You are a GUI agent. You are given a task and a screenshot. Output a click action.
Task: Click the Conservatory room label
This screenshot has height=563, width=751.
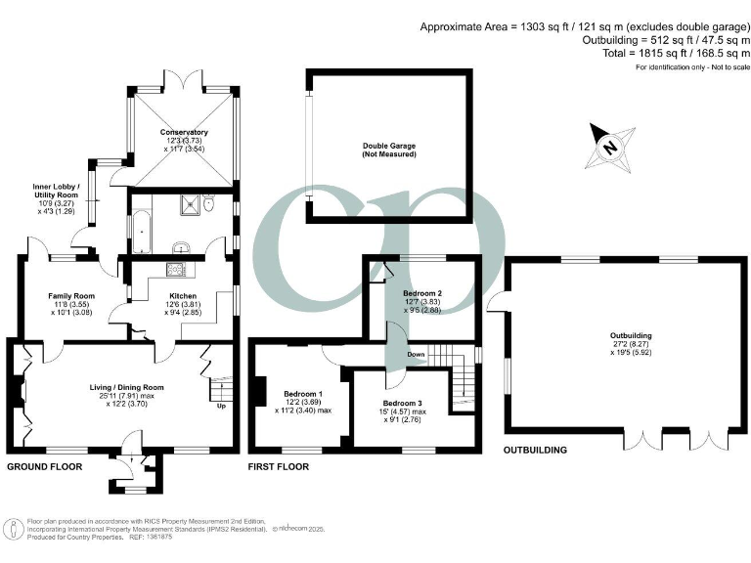[185, 132]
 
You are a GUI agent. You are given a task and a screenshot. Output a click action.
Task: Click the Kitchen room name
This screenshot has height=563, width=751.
[183, 296]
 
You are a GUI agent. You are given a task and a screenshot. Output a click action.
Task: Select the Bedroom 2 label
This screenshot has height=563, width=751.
[422, 293]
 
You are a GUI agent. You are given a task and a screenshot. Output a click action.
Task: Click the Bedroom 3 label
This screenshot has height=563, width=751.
[403, 403]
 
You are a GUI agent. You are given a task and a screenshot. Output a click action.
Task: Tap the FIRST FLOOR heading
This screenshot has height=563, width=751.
[280, 467]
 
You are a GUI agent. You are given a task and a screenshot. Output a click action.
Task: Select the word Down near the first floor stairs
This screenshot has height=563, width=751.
[416, 354]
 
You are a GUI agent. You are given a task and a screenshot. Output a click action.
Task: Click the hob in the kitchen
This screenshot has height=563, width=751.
[179, 270]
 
